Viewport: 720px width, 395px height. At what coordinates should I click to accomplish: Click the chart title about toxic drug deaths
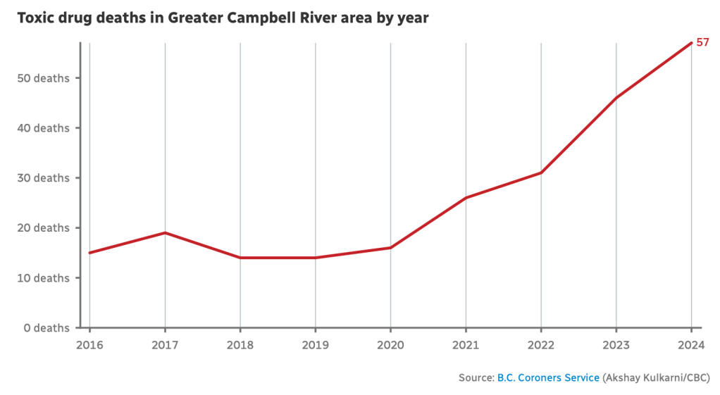coord(223,18)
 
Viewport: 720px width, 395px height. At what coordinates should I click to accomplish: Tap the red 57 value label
coord(702,42)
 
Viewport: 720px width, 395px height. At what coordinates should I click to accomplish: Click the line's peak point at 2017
coord(165,232)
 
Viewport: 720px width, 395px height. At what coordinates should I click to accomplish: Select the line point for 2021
coord(466,198)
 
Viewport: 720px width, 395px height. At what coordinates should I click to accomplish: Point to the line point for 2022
coord(541,173)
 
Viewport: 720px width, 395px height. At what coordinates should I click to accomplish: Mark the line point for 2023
coord(616,98)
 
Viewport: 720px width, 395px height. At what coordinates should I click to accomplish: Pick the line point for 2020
coord(390,248)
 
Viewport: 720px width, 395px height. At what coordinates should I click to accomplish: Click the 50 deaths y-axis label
coord(43,78)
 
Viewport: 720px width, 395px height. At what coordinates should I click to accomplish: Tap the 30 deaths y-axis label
coord(43,178)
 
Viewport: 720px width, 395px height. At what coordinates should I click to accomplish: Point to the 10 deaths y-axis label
coord(43,278)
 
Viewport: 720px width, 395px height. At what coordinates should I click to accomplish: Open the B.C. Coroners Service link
coord(548,378)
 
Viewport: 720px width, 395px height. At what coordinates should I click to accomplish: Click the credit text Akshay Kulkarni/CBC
coord(656,378)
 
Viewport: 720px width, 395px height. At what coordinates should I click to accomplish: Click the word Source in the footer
coord(476,378)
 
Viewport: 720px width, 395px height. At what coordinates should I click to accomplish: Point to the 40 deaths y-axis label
coord(43,128)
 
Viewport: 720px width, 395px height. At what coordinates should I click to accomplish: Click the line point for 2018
coord(240,258)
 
